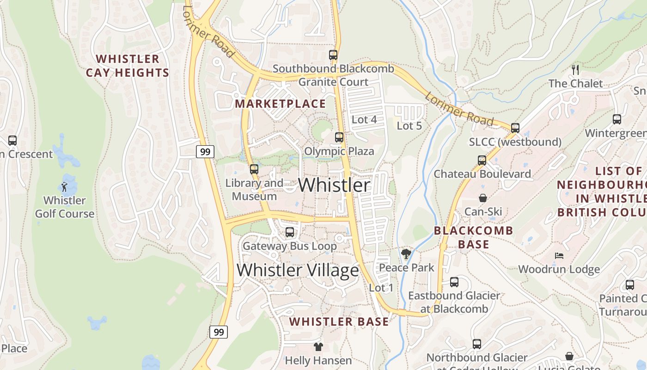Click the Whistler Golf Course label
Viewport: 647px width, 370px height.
pos(65,207)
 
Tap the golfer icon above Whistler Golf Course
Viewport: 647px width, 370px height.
pos(65,187)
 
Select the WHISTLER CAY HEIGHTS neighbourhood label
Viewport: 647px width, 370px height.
pos(128,66)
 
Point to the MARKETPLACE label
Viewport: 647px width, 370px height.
pos(281,104)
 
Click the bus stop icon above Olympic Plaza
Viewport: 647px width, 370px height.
pos(339,137)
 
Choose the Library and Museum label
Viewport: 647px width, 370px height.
pos(254,190)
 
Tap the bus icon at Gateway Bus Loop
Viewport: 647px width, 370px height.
pos(290,232)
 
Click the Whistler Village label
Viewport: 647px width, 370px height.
pos(298,270)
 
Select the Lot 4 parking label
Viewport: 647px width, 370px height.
pos(364,120)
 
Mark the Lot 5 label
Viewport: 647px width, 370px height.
pos(409,125)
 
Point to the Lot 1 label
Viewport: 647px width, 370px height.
pos(381,288)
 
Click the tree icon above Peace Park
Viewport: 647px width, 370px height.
pos(406,254)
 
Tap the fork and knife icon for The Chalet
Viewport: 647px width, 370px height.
pos(575,70)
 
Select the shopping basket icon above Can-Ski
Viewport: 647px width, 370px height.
pos(483,198)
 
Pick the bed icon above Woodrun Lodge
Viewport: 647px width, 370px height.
pos(559,256)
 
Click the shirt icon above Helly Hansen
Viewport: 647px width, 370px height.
pos(318,346)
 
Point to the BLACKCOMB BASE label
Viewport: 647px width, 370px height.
pos(474,237)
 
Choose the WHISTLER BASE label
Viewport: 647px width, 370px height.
pos(339,322)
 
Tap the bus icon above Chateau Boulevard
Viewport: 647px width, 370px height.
pos(482,160)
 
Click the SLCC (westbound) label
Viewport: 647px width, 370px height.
pos(515,142)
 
